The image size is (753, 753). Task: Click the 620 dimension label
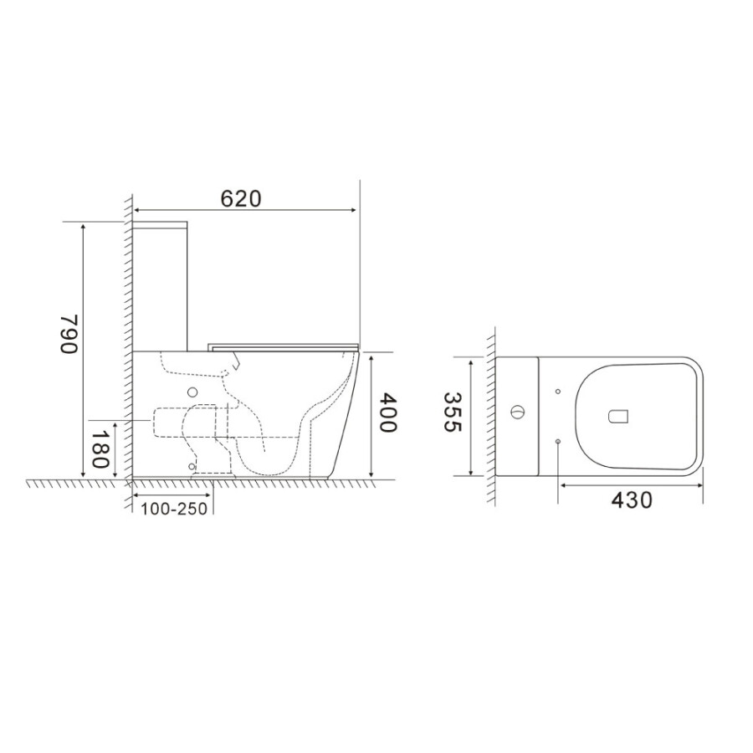pos(241,198)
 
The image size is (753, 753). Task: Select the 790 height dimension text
pos(69,334)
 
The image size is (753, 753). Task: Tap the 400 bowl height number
pos(388,412)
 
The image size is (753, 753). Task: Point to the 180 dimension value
pos(100,448)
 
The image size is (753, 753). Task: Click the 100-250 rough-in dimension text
pos(174,509)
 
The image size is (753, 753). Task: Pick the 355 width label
pos(452,412)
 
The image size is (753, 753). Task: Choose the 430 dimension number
pos(632,500)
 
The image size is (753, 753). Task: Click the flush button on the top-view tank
pos(517,412)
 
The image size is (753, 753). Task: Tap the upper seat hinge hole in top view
pos(557,392)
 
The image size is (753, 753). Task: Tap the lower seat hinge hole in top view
pos(557,441)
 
